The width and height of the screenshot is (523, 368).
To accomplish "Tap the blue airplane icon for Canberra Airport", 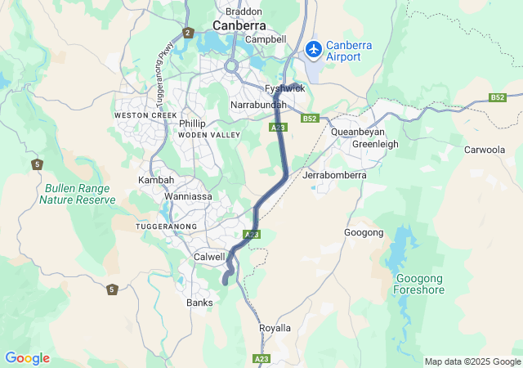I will pos(312,50).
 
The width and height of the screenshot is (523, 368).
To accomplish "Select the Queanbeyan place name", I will pos(357,131).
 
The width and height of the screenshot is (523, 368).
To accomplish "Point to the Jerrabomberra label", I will pos(334,175).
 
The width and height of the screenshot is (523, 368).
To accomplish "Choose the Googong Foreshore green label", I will pos(419,283).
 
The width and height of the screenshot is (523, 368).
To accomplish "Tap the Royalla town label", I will pos(275,328).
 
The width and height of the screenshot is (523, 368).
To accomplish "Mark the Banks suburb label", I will pos(199,303).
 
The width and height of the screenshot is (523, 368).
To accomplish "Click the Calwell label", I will pos(209,257).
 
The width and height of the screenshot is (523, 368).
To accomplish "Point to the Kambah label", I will pos(155,178).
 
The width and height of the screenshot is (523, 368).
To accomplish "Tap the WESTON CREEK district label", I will pos(145,116).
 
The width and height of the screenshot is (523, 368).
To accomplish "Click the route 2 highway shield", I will pos(188,33).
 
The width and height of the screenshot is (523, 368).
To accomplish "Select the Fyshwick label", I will pos(285,88).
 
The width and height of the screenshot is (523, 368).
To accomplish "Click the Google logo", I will pos(27,358).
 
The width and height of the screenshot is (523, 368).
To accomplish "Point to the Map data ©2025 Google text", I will pos(472,361).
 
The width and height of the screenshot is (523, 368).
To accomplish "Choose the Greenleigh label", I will pos(374,144).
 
